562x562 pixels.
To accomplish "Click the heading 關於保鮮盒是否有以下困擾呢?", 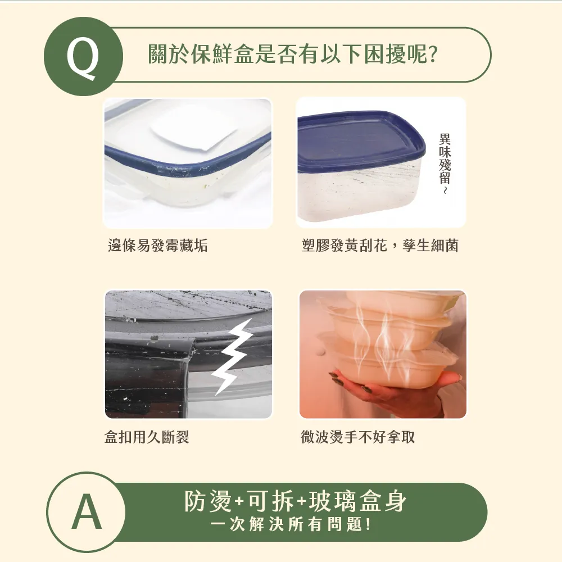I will pyautogui.click(x=292, y=55).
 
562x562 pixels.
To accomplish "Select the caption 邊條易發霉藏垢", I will pyautogui.click(x=157, y=246).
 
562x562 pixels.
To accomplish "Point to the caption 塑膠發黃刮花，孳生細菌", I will pyautogui.click(x=380, y=246).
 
